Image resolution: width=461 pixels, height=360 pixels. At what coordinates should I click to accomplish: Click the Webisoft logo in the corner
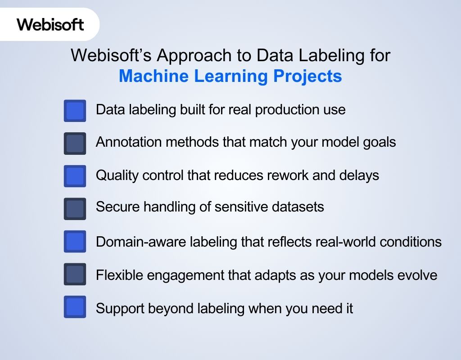[x=50, y=24]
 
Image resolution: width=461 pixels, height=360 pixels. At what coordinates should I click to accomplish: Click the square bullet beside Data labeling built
[x=75, y=111]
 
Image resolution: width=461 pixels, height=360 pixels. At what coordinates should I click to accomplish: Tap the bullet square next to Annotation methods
[x=75, y=144]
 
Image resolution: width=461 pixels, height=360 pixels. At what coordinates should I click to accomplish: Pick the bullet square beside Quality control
[x=75, y=176]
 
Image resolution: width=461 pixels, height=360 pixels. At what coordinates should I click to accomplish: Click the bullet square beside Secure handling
[x=75, y=209]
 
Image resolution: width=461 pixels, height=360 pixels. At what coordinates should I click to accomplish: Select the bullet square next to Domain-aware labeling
[x=75, y=242]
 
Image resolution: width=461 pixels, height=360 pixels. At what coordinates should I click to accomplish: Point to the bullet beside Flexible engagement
[x=75, y=274]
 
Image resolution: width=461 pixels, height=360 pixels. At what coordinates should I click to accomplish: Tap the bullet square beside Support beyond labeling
[x=75, y=307]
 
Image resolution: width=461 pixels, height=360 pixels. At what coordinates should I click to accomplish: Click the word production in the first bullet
[x=283, y=109]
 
